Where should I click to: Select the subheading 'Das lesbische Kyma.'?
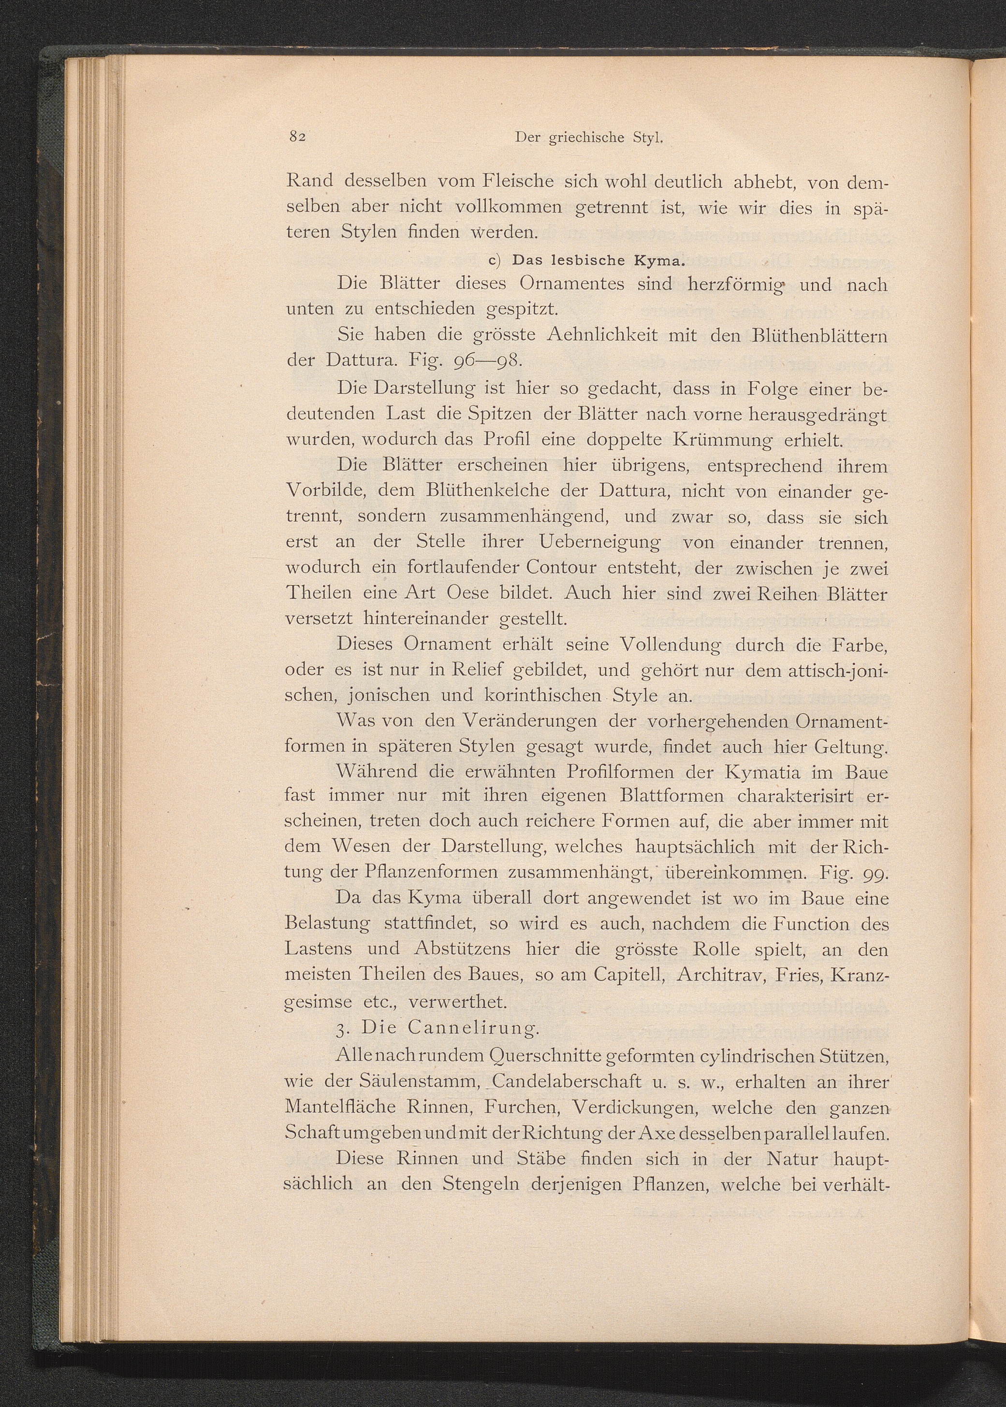point(598,260)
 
